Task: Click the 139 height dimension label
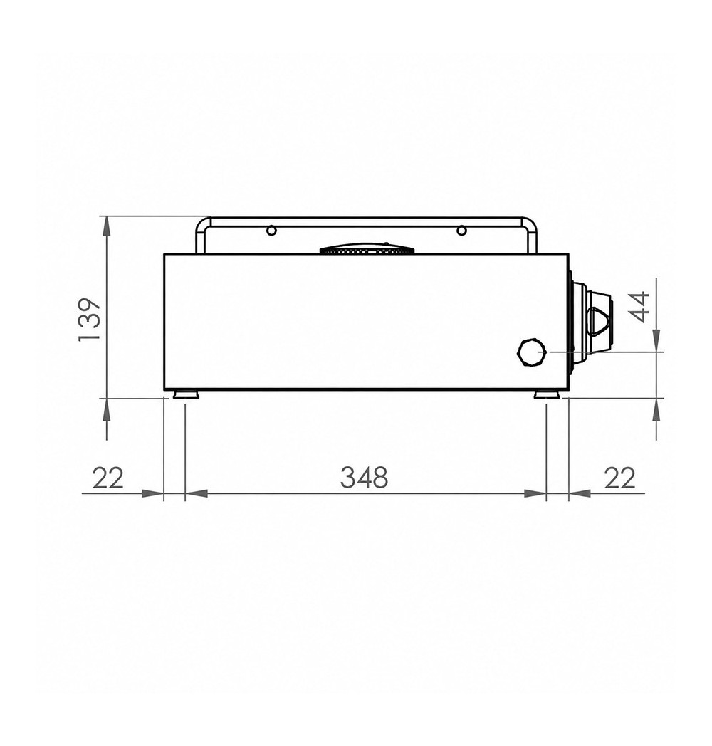89,319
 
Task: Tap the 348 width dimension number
364,477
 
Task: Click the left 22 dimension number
108,478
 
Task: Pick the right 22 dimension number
619,478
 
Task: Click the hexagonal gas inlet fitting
530,352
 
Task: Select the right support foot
546,394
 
